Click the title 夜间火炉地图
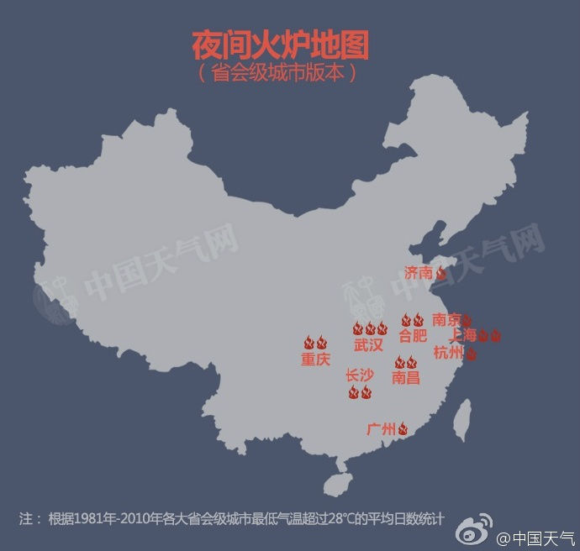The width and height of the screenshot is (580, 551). coord(281,45)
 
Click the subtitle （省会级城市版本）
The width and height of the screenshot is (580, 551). coord(280,73)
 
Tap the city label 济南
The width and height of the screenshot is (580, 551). coord(418,272)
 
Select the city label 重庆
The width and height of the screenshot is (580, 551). coord(315,359)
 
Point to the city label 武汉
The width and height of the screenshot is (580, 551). coord(368,344)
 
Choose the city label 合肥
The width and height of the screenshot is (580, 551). coord(412,336)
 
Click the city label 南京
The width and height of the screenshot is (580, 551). coord(446,319)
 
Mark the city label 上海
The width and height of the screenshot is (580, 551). coord(463,335)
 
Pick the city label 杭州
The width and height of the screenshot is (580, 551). coord(448,353)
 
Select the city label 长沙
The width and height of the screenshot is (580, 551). coord(360,375)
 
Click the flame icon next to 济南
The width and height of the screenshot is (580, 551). coord(440,272)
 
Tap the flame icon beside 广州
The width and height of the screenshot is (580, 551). coord(403,429)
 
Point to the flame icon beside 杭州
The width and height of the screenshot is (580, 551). coord(472,354)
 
